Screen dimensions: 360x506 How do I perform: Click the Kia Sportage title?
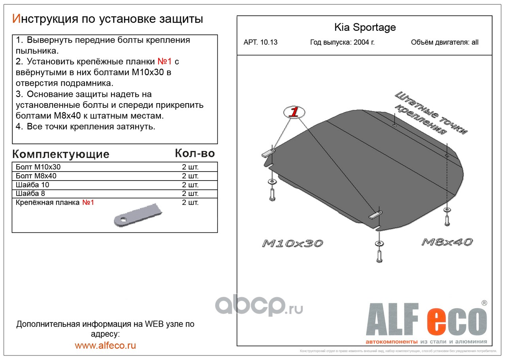click(x=364, y=27)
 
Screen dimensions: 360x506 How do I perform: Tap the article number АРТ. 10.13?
click(x=261, y=43)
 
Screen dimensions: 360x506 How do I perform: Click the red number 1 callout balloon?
click(x=293, y=112)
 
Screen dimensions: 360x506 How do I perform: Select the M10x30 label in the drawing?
click(x=292, y=243)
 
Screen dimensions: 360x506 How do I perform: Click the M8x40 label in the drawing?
click(x=447, y=242)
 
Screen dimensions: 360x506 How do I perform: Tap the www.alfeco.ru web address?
click(x=105, y=345)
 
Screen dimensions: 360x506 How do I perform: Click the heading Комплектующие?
click(x=60, y=154)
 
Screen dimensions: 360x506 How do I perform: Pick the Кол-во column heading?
click(x=194, y=153)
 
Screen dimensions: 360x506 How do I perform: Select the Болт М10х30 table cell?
click(x=38, y=167)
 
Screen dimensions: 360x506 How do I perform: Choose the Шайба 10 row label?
click(x=32, y=185)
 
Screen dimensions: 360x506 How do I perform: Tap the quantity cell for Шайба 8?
click(x=190, y=194)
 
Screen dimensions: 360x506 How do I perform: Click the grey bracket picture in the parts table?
click(x=138, y=215)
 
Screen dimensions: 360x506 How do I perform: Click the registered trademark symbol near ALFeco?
click(x=484, y=303)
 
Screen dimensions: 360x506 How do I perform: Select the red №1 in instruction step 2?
click(x=164, y=62)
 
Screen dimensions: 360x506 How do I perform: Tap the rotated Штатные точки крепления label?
click(x=431, y=113)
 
